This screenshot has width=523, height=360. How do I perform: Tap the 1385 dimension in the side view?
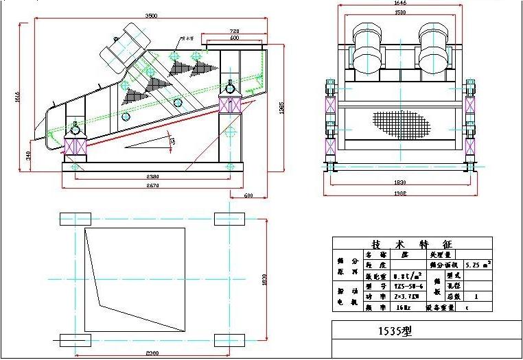pyautogui.click(x=281, y=110)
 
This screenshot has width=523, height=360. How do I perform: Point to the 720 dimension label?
pyautogui.click(x=235, y=32)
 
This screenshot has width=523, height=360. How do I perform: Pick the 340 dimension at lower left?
pyautogui.click(x=28, y=156)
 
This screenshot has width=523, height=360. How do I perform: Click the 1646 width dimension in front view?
pyautogui.click(x=400, y=3)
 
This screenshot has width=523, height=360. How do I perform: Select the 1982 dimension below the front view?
pyautogui.click(x=400, y=193)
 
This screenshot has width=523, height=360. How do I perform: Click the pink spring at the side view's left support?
pyautogui.click(x=73, y=146)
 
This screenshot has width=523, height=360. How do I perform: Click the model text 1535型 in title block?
pyautogui.click(x=395, y=331)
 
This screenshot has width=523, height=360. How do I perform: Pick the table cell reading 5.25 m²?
pyautogui.click(x=477, y=263)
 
